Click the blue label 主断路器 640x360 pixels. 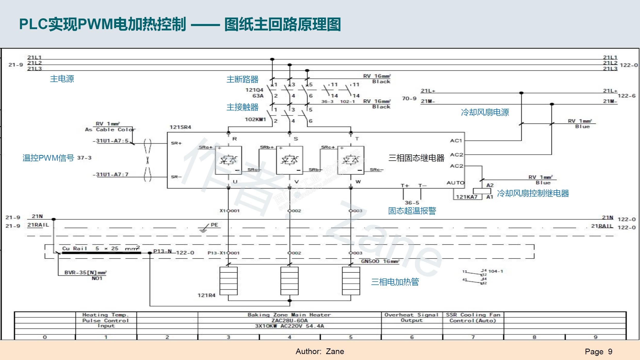[242, 79]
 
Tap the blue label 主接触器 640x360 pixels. [242, 107]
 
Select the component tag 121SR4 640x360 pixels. [180, 127]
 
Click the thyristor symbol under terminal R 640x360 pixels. [228, 160]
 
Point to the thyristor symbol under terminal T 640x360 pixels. [351, 160]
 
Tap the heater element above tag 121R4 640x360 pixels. [228, 281]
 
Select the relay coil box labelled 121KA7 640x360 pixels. [482, 191]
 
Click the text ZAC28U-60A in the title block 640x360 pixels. [289, 321]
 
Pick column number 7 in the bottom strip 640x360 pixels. [473, 337]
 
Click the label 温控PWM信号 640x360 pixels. [48, 158]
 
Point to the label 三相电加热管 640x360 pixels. [395, 282]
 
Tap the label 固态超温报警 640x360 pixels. [412, 211]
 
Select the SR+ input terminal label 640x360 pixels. [176, 143]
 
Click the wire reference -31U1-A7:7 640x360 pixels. [110, 175]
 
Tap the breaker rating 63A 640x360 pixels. [258, 96]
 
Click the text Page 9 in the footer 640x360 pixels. [598, 351]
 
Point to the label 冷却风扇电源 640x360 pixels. [485, 112]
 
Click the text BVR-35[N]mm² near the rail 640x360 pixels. [85, 273]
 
